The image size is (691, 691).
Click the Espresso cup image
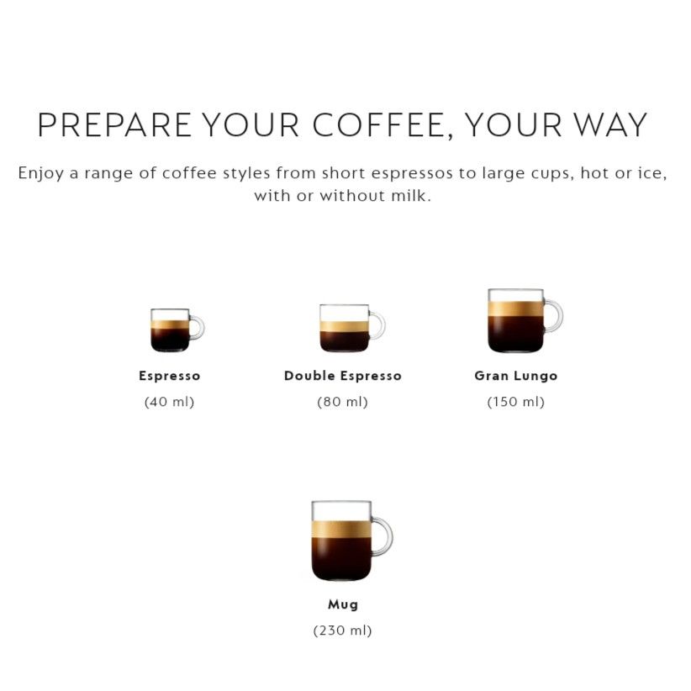pyautogui.click(x=177, y=330)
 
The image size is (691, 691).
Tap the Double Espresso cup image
pyautogui.click(x=352, y=328)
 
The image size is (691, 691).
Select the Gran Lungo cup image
pyautogui.click(x=525, y=321)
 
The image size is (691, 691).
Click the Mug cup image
pyautogui.click(x=351, y=541)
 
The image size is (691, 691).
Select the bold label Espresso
pyautogui.click(x=170, y=376)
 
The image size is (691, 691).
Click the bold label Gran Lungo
pyautogui.click(x=516, y=376)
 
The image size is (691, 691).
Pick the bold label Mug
pyautogui.click(x=343, y=604)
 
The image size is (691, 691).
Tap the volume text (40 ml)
pyautogui.click(x=169, y=402)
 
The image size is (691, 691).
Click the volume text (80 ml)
pyautogui.click(x=342, y=402)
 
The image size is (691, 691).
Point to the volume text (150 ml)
pyautogui.click(x=516, y=402)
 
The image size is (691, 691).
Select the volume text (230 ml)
pyautogui.click(x=342, y=630)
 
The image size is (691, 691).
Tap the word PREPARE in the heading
pyautogui.click(x=114, y=125)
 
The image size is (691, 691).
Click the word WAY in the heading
pyautogui.click(x=611, y=125)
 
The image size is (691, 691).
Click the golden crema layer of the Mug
pyautogui.click(x=341, y=529)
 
